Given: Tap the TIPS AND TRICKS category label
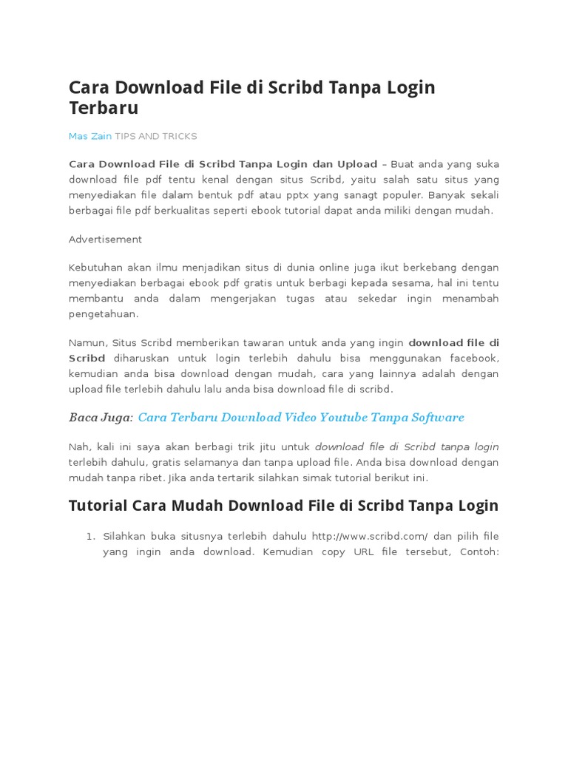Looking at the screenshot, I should (156, 136).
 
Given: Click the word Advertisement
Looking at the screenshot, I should (105, 240).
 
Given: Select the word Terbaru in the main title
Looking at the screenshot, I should (104, 108).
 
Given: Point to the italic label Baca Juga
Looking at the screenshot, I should (101, 418).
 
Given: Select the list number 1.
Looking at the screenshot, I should (91, 536).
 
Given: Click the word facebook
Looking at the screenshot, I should (471, 358).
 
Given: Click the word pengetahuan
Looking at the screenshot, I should (104, 313).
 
